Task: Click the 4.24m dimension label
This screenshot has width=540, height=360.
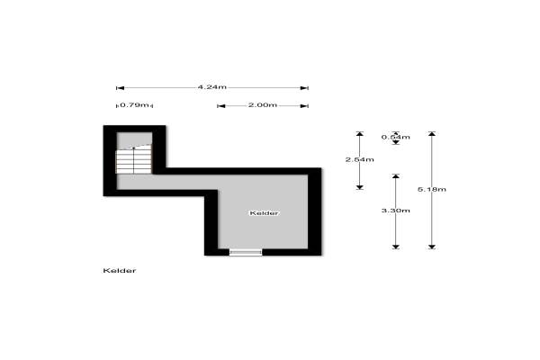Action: click(x=212, y=87)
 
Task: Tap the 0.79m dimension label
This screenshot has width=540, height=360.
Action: click(x=135, y=104)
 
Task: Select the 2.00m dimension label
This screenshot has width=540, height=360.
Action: click(x=263, y=104)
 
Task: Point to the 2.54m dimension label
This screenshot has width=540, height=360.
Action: click(x=359, y=159)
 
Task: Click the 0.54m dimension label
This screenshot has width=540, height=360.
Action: click(x=396, y=137)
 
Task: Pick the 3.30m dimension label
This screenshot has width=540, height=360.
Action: click(x=396, y=210)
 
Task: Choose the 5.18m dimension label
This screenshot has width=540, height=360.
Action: click(x=432, y=189)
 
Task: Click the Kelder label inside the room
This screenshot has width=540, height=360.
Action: click(x=264, y=213)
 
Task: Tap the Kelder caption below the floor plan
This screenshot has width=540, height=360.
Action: click(x=120, y=270)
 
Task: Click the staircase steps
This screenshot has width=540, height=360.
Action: click(x=134, y=160)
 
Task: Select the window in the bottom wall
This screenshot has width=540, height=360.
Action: click(x=246, y=253)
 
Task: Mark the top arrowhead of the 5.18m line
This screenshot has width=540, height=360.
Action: click(x=432, y=134)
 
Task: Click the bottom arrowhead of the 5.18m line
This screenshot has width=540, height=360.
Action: click(x=432, y=247)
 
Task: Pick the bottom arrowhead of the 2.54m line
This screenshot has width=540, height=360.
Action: click(x=359, y=187)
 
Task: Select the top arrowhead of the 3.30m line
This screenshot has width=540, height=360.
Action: click(x=396, y=176)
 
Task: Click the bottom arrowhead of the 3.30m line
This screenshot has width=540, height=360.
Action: click(x=396, y=247)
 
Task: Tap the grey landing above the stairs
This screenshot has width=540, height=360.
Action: click(x=134, y=139)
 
